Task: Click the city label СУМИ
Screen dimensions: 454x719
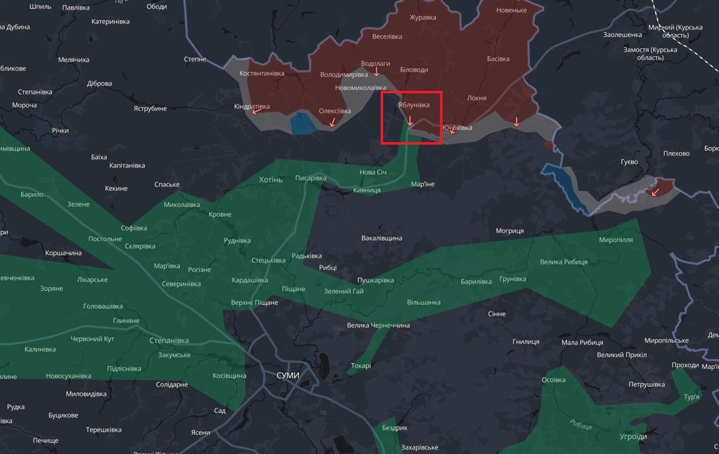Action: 288,375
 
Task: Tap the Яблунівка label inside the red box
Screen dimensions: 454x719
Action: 413,105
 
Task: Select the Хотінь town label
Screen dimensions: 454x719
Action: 270,180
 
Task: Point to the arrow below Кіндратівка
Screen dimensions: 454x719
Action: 256,111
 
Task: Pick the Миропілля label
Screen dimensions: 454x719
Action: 615,240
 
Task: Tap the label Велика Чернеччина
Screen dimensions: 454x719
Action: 378,325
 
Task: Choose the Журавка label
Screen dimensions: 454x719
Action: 422,17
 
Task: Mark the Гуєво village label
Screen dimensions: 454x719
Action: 629,162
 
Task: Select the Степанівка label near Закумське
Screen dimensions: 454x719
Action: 169,340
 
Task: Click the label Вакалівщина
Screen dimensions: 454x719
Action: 382,238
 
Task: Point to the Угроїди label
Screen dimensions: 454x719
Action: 633,437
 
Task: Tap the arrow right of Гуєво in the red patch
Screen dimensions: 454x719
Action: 655,192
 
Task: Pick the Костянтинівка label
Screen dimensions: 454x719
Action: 261,73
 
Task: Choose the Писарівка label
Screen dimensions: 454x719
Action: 310,178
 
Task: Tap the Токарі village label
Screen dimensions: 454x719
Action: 361,365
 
